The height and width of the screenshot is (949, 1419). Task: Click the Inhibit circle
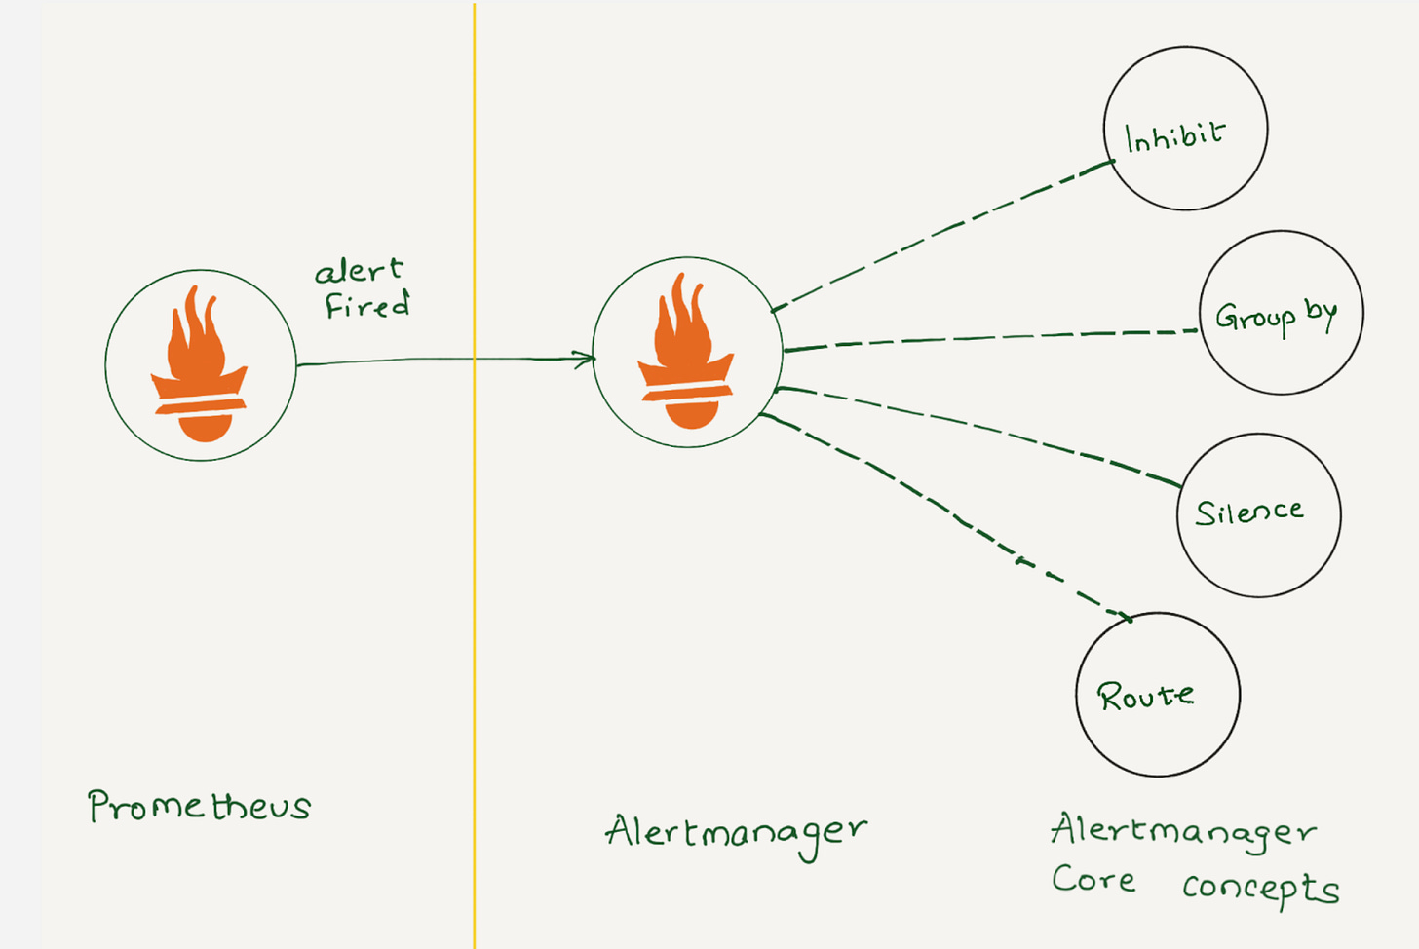[x=1185, y=128]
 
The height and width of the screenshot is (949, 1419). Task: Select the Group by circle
[x=1281, y=313]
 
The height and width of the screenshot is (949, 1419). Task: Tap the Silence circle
[x=1258, y=514]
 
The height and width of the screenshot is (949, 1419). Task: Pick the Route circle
[x=1158, y=694]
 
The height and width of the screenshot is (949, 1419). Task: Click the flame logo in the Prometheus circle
[x=200, y=365]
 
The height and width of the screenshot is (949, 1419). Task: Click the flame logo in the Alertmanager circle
[x=686, y=353]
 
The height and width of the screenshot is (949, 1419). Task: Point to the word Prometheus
[x=199, y=806]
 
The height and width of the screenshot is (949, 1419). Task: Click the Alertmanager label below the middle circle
[x=736, y=833]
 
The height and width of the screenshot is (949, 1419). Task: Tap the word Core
[x=1093, y=879]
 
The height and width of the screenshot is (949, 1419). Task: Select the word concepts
[x=1260, y=888]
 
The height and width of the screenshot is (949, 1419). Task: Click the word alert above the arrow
[x=359, y=270]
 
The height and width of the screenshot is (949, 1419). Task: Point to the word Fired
[x=366, y=305]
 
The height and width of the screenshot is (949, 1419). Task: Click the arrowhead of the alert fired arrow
[x=588, y=359]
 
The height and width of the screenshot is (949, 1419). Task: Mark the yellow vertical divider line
[x=475, y=585]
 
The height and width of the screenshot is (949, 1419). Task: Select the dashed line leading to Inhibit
[x=940, y=235]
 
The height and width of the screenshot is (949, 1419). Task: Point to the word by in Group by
[x=1321, y=312]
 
